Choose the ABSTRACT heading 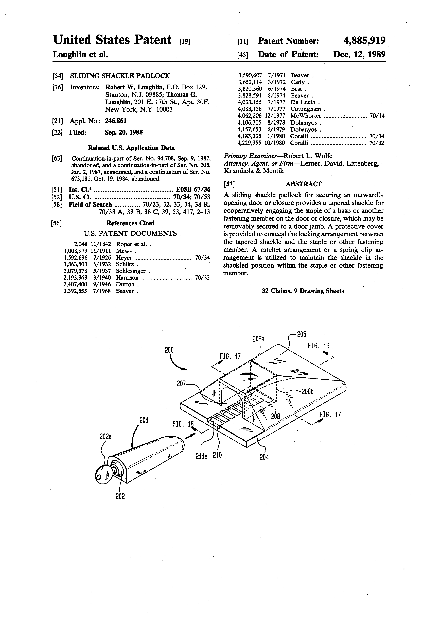coord(303,184)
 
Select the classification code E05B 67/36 coord(193,189)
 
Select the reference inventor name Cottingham coord(306,109)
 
